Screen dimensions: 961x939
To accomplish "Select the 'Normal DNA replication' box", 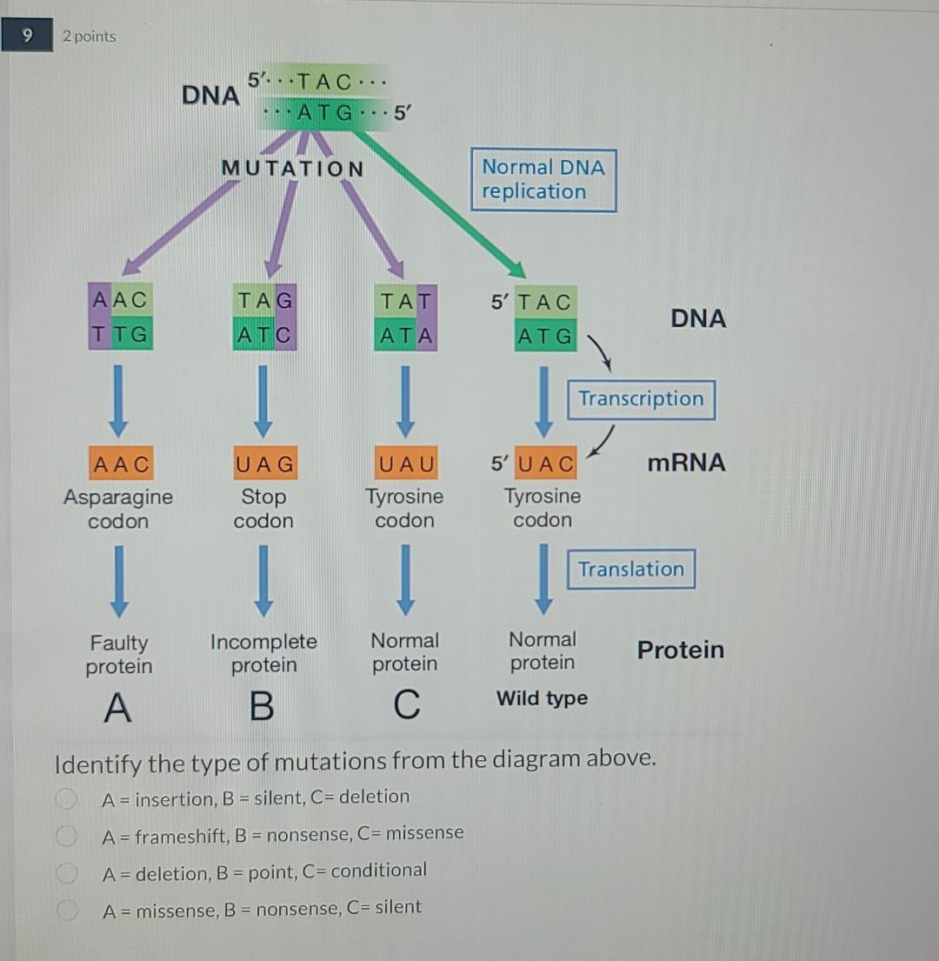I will point(543,180).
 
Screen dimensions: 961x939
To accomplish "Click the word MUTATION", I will point(292,168).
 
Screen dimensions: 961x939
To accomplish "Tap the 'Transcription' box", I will point(641,399).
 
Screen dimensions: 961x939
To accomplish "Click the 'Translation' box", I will point(631,569).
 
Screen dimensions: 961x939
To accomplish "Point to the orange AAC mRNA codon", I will point(121,464).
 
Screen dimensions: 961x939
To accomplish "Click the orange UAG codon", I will point(264,464).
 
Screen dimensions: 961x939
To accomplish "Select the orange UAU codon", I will point(405,464).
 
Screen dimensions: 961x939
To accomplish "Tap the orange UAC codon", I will point(545,464).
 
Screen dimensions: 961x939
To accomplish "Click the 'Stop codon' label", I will point(263,509).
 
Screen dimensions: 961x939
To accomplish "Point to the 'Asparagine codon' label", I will point(118,509).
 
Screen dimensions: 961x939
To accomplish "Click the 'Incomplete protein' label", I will point(263,653).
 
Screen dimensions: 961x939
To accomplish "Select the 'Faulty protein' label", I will point(119,655).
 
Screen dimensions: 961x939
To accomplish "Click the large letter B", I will point(261,707).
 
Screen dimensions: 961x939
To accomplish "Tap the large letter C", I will point(405,705).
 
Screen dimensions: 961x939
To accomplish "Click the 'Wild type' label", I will point(542,698).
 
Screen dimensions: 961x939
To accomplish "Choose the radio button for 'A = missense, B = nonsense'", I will point(64,910).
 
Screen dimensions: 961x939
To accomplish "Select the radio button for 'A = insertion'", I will point(64,798).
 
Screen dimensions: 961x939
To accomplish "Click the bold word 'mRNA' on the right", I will point(686,463).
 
